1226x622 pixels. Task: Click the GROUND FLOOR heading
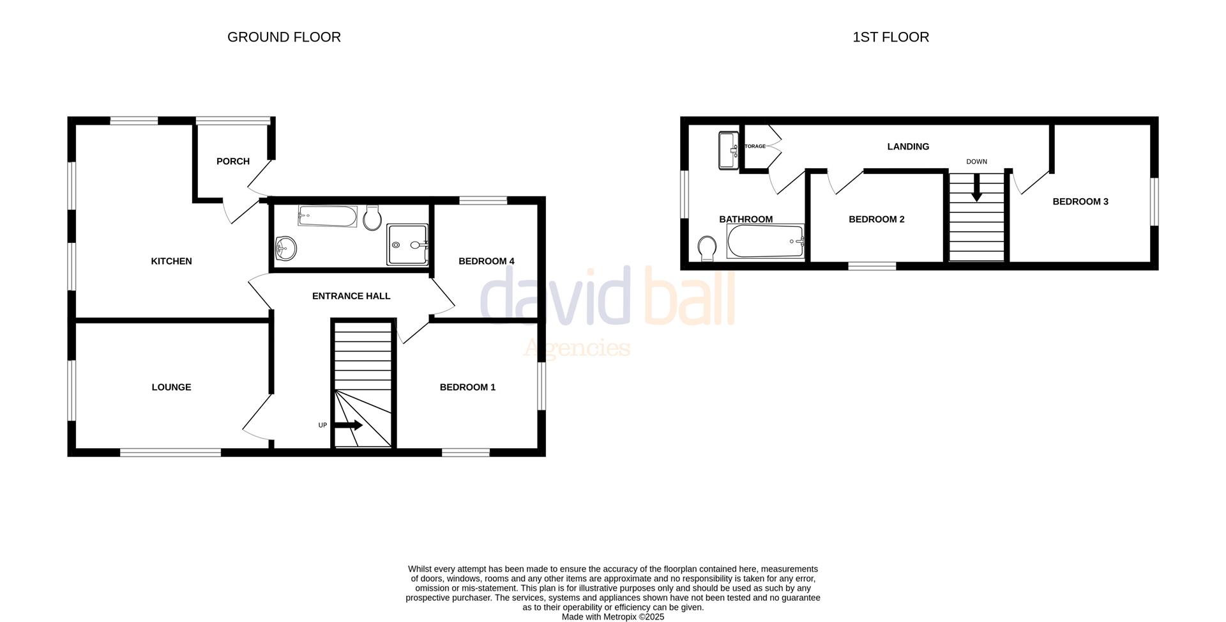coord(284,37)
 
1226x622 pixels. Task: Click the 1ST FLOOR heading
coord(891,37)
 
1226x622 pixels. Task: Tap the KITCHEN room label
coord(171,261)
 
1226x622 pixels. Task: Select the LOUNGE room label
coord(171,387)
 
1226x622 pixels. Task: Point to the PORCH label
coord(233,161)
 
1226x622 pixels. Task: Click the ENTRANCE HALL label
coord(351,296)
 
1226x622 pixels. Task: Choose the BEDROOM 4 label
coord(487,261)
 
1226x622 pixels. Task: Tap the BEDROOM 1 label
coord(467,387)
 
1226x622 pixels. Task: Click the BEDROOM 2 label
coord(877,219)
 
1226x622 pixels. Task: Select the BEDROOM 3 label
coord(1080,201)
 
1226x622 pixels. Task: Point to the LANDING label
coord(908,146)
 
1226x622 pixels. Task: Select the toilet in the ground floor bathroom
coord(372,217)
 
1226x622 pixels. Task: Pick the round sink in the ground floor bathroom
coord(285,248)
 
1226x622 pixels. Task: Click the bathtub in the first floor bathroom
coord(765,241)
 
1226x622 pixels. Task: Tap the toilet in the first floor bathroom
coord(707,248)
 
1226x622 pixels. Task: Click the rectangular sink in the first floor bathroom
coord(729,150)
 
